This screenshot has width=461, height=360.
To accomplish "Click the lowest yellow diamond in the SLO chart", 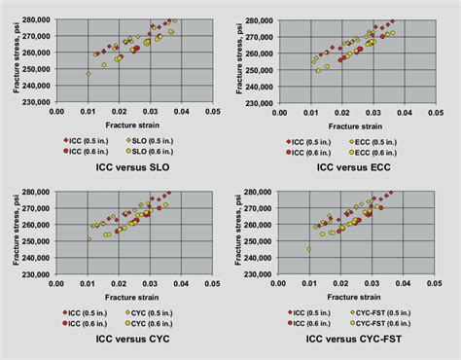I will [x=88, y=73].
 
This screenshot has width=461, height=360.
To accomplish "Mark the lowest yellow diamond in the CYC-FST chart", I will [x=308, y=249].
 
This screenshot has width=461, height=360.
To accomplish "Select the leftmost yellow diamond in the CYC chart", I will [x=89, y=238].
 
